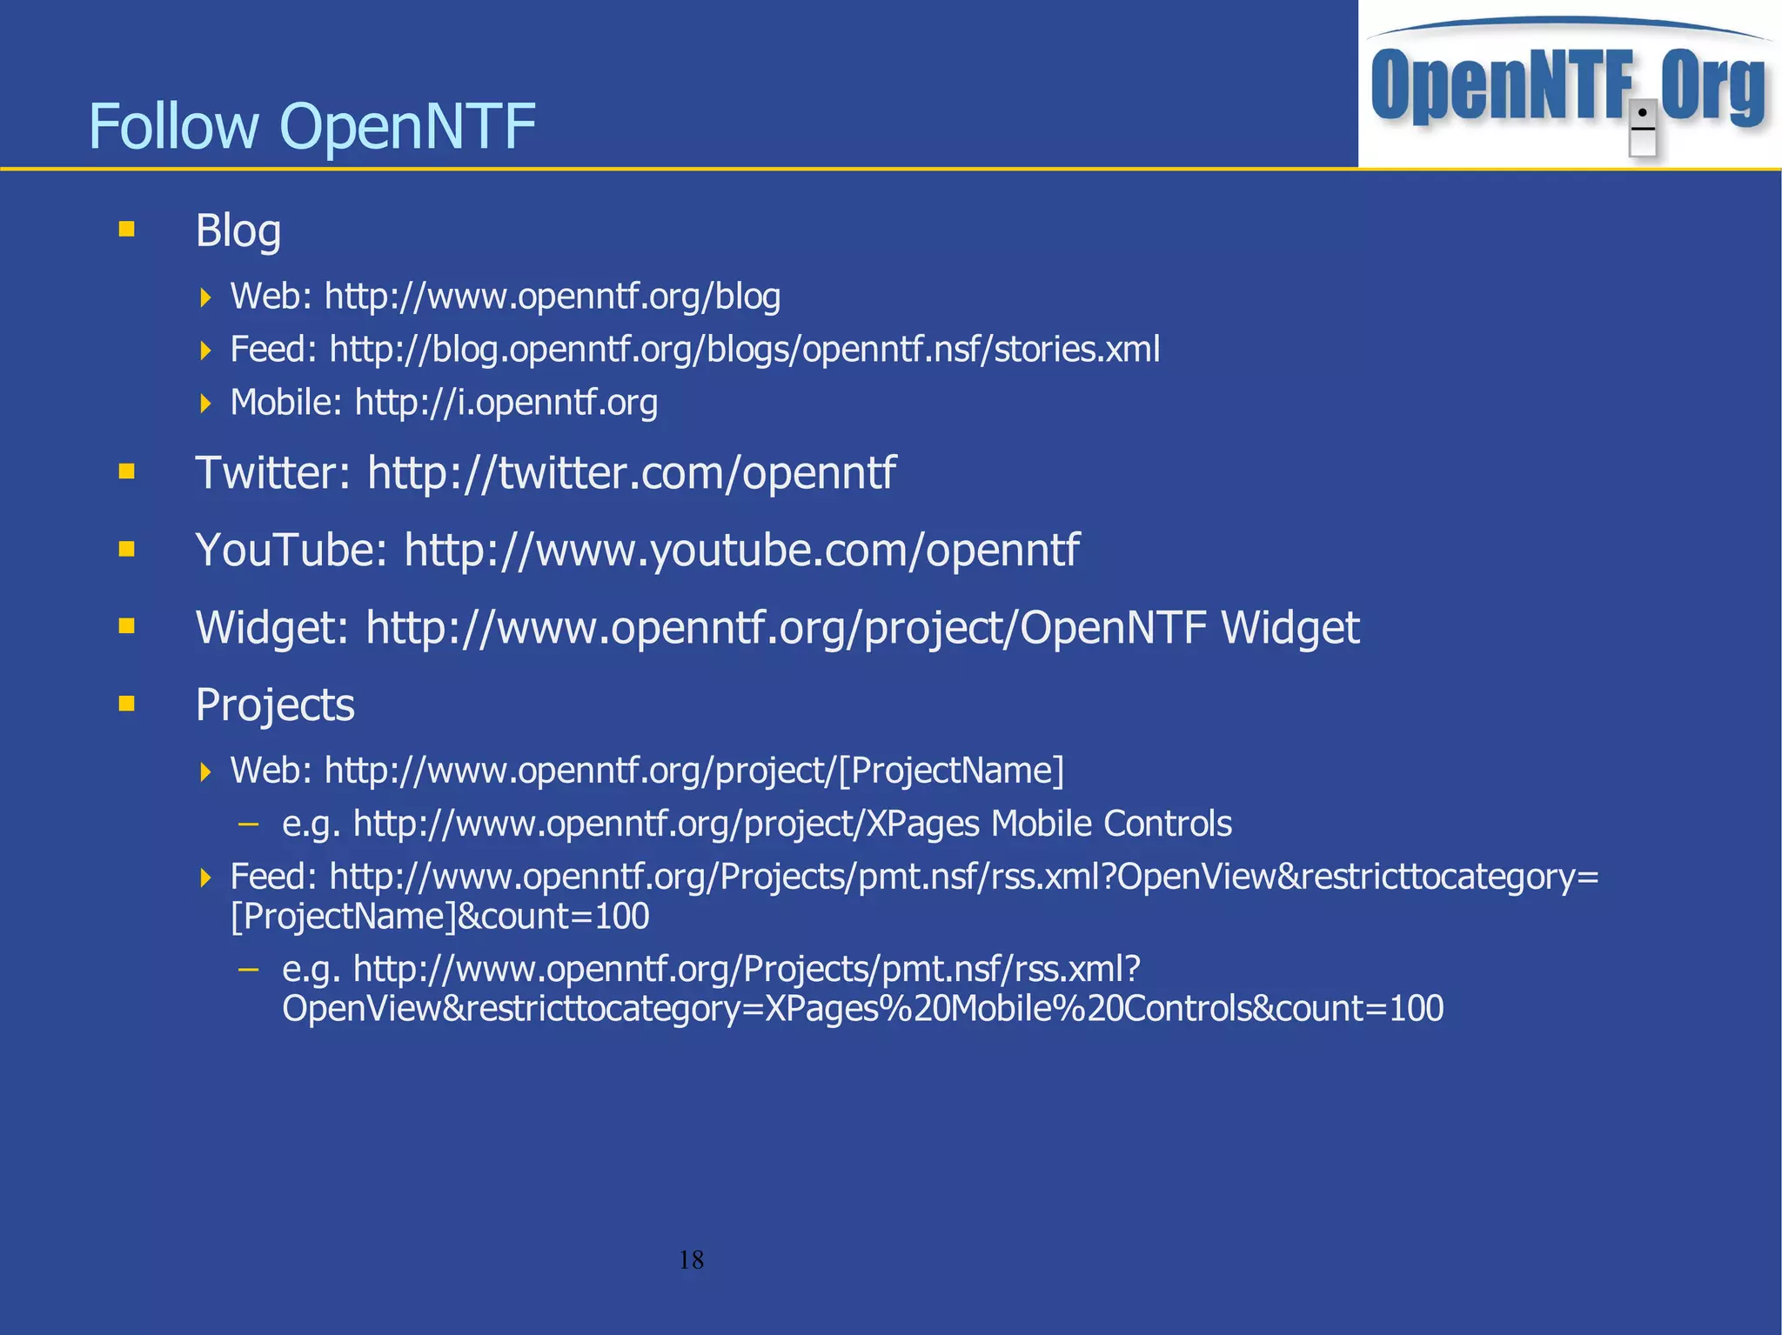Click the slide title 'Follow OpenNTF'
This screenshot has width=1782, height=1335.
[312, 126]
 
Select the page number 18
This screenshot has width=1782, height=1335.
[691, 1259]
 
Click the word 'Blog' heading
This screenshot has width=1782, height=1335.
[238, 231]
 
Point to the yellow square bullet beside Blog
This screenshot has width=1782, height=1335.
[127, 230]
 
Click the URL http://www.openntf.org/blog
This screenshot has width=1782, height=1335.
[552, 297]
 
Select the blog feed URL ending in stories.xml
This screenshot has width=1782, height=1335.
[745, 350]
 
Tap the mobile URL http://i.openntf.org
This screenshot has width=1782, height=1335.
[506, 403]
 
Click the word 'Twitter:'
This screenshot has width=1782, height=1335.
[272, 473]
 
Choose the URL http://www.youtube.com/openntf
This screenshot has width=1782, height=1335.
[741, 551]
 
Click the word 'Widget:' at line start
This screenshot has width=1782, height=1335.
[271, 628]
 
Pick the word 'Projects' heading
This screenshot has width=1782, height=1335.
[275, 704]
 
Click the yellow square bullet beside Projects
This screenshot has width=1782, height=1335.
[127, 703]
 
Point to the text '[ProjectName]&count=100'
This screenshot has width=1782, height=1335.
[439, 917]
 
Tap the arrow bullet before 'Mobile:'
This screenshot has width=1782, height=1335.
[205, 403]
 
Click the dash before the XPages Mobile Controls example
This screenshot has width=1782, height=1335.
[249, 823]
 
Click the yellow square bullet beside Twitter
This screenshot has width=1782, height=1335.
[127, 471]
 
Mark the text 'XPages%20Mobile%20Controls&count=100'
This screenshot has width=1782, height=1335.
[1103, 1009]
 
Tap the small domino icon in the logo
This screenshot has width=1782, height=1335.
[1642, 128]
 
